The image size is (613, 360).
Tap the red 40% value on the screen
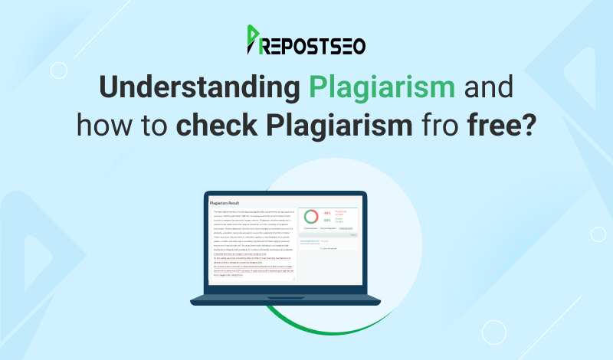click(x=327, y=212)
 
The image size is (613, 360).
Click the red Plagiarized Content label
click(x=343, y=212)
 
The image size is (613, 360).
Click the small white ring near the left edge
click(x=57, y=70)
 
